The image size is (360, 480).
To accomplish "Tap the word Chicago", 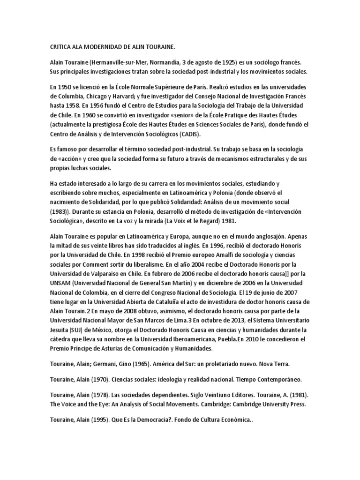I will (x=96, y=97).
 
